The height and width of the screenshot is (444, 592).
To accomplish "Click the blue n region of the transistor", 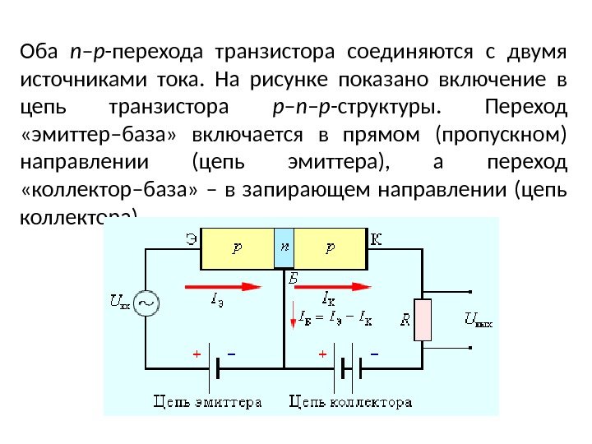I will point(284,247).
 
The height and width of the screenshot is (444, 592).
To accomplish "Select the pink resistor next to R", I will point(423,321).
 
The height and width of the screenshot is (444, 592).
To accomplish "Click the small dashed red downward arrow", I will point(292,315).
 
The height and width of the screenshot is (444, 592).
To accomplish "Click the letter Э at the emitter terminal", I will point(190,239).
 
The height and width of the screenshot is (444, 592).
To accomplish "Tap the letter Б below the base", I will point(292,280).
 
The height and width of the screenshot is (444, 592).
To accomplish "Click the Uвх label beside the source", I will point(119,302).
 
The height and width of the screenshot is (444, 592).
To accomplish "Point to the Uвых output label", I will point(479,321).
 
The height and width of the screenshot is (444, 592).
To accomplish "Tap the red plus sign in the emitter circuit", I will point(196,354).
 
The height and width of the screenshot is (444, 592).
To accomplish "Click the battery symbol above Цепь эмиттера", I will point(215,368).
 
